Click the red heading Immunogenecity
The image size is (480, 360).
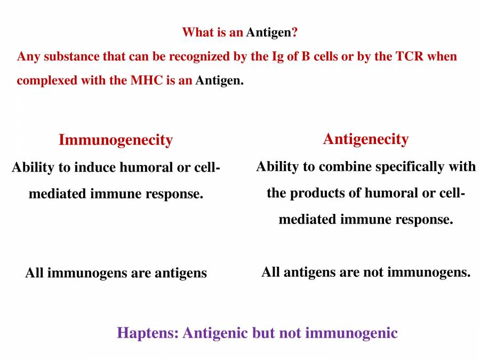click(115, 140)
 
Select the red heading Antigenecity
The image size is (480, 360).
click(365, 139)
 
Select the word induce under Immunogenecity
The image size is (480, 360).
click(94, 167)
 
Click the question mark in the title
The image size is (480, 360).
click(294, 32)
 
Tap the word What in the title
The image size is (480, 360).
click(197, 32)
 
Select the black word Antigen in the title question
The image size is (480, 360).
click(268, 32)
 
